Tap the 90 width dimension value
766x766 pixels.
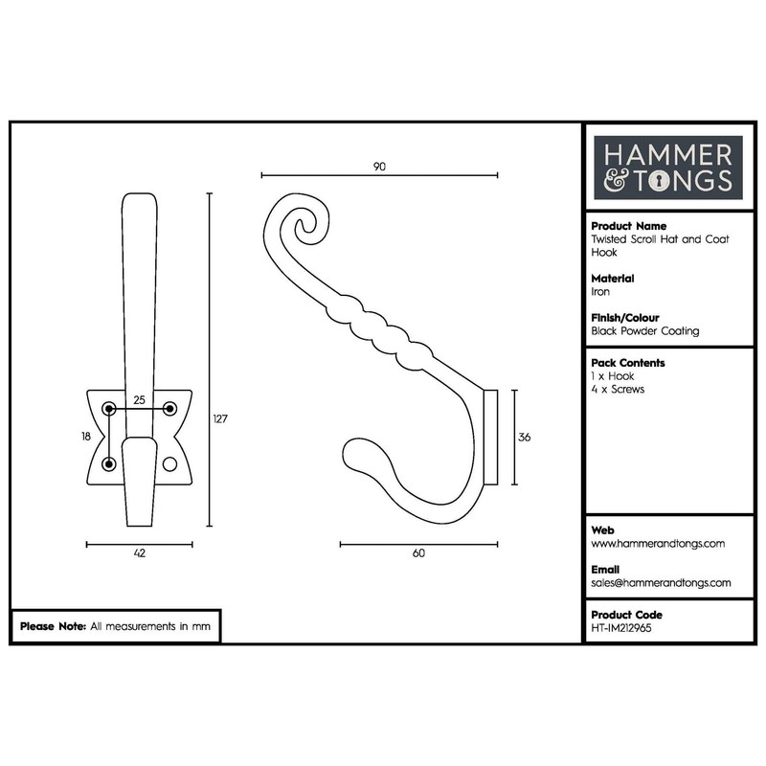coord(379,166)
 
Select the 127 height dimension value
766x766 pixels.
coord(220,418)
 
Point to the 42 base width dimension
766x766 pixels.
coord(139,554)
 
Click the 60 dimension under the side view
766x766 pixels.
coord(418,554)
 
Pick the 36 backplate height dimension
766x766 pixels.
coord(524,438)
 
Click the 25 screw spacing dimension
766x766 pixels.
coord(139,400)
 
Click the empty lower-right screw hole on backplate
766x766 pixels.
coord(170,464)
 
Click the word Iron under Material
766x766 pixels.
coord(600,292)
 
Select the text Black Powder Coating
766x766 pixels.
coord(645,331)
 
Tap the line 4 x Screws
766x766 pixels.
coord(619,390)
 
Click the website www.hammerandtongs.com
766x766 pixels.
coord(657,543)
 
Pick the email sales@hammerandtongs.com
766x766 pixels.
coord(661,582)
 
